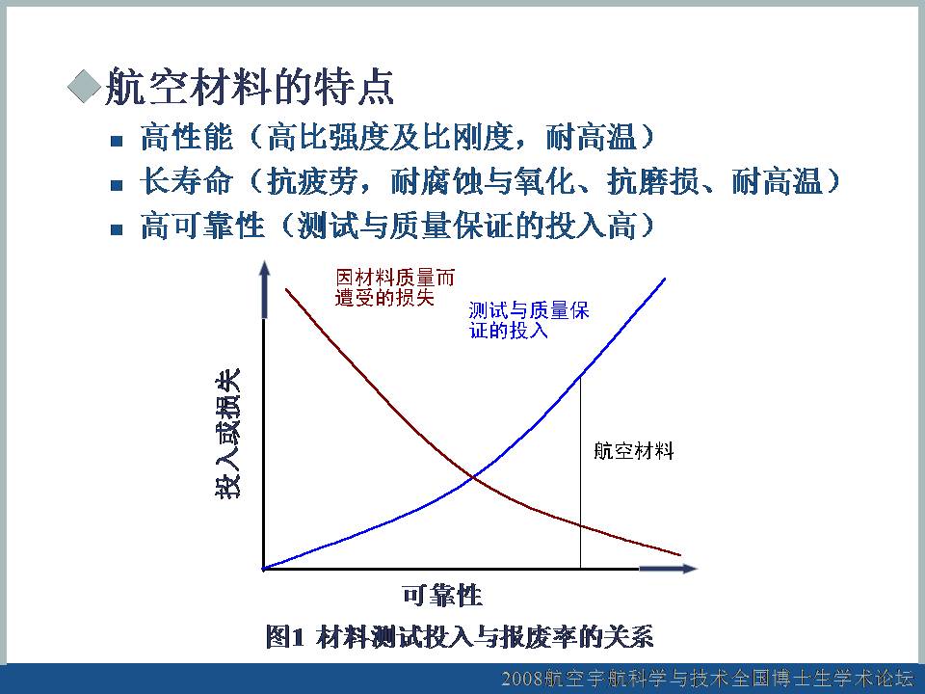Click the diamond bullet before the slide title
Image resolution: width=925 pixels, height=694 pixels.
[85, 86]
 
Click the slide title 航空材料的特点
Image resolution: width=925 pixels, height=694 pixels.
[250, 88]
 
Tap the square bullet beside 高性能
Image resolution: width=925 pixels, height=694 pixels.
[117, 141]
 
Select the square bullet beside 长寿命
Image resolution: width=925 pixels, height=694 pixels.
[117, 185]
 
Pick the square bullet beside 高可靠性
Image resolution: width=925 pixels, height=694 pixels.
[117, 229]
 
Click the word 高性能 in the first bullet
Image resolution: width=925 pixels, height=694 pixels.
[186, 137]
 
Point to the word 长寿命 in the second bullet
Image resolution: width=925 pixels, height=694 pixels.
[186, 180]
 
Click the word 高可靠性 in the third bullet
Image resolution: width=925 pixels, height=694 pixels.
[201, 225]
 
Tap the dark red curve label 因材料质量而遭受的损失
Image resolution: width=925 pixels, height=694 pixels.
[395, 287]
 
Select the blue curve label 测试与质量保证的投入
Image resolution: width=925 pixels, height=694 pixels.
[529, 320]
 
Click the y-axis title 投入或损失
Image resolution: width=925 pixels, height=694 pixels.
[227, 434]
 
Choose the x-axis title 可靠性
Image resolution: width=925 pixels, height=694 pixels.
[442, 596]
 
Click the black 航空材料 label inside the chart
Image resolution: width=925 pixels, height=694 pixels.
[634, 451]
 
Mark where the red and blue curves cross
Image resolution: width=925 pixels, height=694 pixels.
[473, 476]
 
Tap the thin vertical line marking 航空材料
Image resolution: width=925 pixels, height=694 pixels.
[580, 472]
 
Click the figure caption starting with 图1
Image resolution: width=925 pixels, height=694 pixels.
[460, 637]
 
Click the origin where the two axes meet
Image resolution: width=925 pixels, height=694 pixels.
[264, 569]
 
